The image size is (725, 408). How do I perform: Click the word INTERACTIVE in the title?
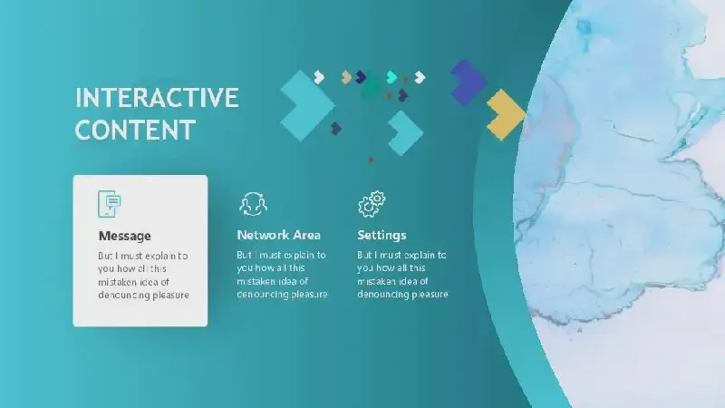157,98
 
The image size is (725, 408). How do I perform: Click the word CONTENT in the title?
135,130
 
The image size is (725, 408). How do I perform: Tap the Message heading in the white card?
124,236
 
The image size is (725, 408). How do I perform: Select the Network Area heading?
278,235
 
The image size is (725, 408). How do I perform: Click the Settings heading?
382,236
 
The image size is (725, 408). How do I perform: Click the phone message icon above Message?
110,203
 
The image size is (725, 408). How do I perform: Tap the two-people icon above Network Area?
254,204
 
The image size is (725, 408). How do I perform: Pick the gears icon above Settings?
372,203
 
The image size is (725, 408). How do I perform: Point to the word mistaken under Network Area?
256,281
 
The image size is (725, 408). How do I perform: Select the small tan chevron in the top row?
346,77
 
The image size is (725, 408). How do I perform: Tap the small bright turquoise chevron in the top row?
391,77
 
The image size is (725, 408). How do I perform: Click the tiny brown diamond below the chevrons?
371,160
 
